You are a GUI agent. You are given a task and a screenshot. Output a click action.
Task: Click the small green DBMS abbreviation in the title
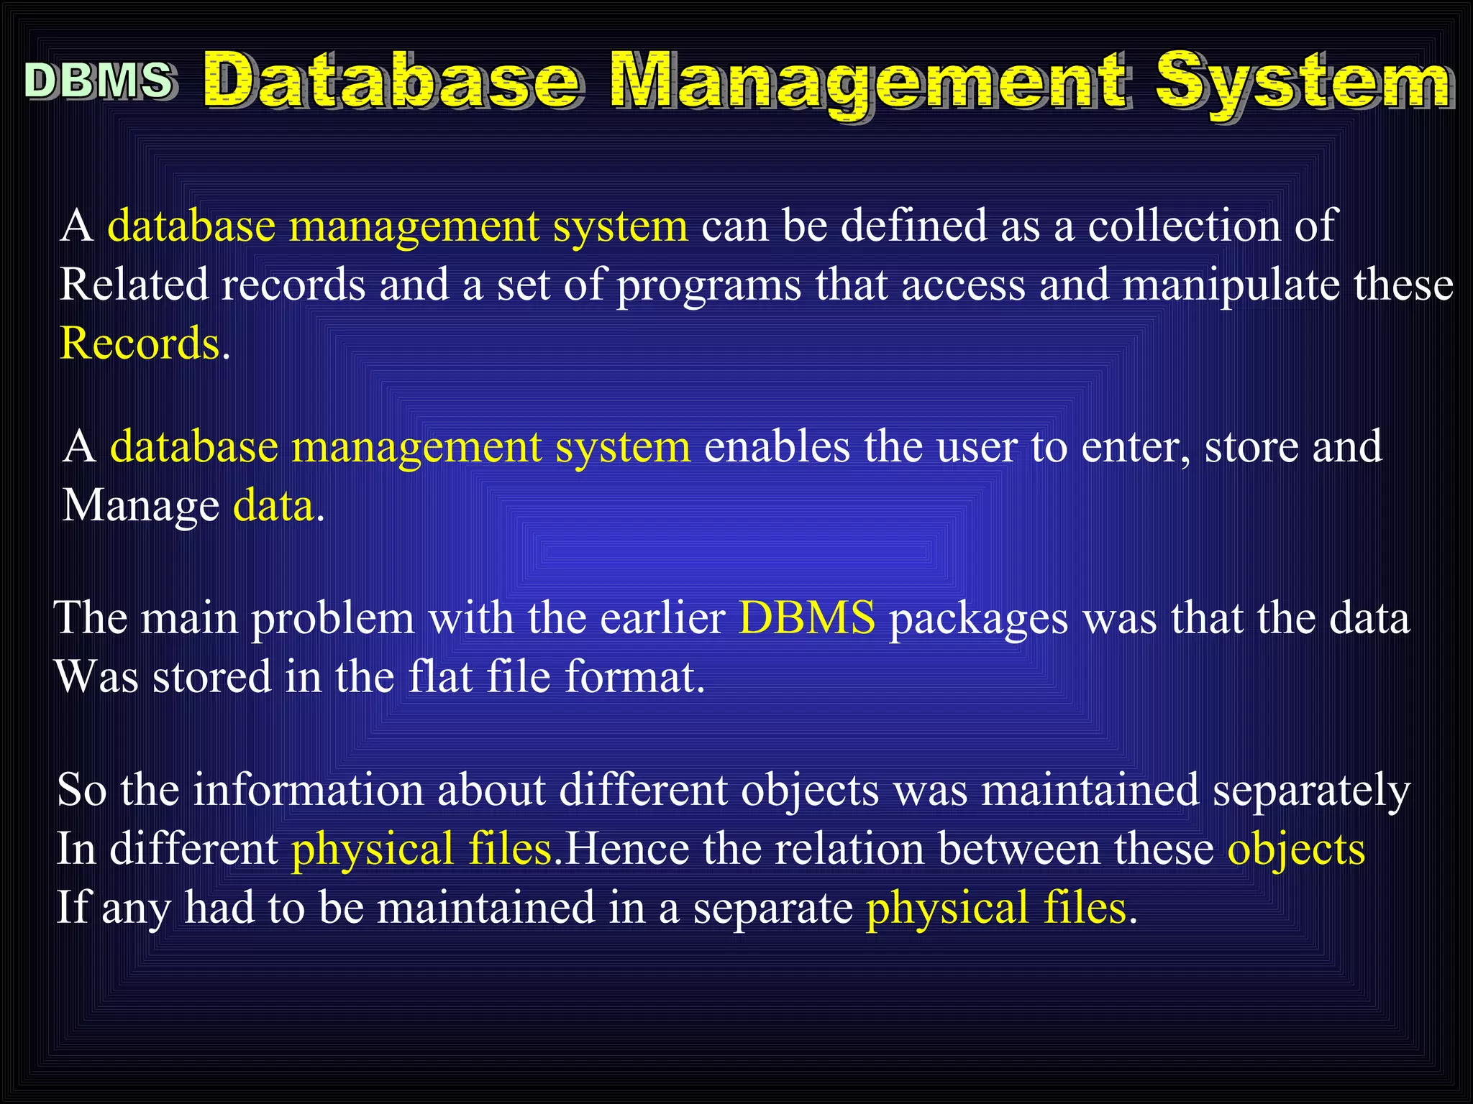coord(99,80)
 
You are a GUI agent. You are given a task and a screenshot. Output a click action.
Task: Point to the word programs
coord(708,285)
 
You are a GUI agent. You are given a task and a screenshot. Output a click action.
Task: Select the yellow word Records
coord(140,343)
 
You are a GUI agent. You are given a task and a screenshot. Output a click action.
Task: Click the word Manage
coord(140,506)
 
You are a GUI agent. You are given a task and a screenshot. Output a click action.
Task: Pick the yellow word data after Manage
coord(273,506)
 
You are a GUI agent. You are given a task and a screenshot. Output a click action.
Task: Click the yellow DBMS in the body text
coord(807,617)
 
